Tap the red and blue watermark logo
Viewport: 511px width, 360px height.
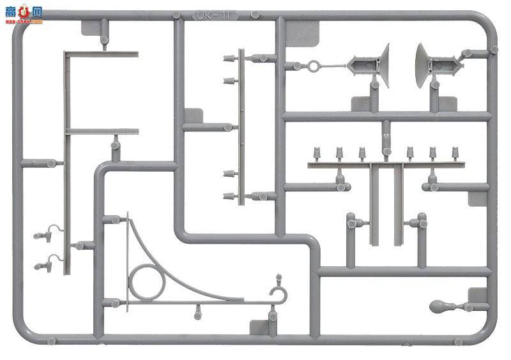22,13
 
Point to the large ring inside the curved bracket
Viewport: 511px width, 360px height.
146,283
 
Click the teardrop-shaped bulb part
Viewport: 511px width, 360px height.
441,306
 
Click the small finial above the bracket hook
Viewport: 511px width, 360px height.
278,278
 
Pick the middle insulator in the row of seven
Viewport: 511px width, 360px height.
386,152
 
